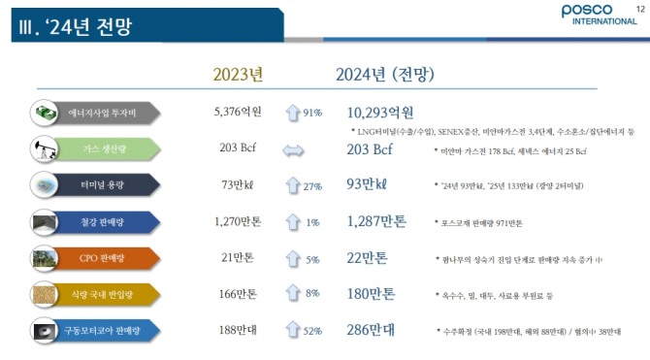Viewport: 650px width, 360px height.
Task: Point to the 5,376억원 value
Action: (x=238, y=113)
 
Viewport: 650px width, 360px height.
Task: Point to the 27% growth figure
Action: (x=312, y=186)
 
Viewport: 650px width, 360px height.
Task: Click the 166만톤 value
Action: (x=238, y=293)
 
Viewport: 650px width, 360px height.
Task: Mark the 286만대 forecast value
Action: (x=370, y=330)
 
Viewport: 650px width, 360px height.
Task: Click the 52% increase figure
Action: (x=312, y=331)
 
